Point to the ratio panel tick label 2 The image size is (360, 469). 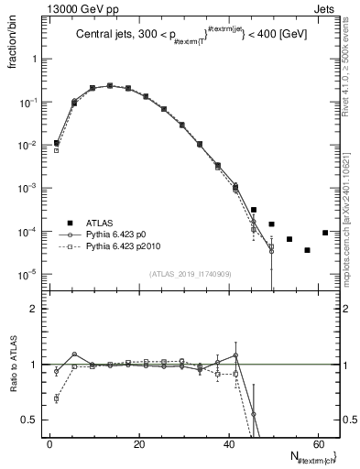34,310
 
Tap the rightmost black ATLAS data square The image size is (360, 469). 325,232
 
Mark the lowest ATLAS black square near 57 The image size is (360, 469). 308,250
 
